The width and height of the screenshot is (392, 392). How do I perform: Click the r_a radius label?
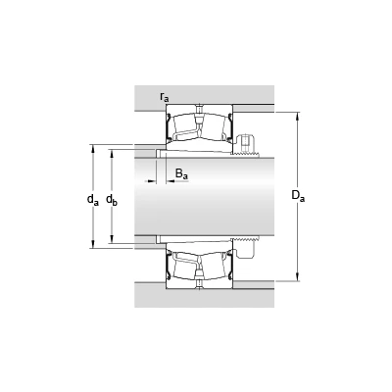[165, 96]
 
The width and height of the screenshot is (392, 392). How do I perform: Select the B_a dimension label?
[181, 173]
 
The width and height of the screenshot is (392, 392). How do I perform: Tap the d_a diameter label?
[93, 199]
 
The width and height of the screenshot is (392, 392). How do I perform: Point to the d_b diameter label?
[112, 199]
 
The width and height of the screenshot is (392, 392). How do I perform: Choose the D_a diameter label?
[298, 196]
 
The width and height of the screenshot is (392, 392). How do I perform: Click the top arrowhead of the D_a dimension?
[298, 116]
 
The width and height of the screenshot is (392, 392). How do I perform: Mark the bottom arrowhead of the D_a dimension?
[298, 277]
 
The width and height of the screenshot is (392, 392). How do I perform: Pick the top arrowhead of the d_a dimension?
[93, 148]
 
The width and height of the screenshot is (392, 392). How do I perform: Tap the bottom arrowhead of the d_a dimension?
[93, 245]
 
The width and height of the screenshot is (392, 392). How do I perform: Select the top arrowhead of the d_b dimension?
[112, 154]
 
